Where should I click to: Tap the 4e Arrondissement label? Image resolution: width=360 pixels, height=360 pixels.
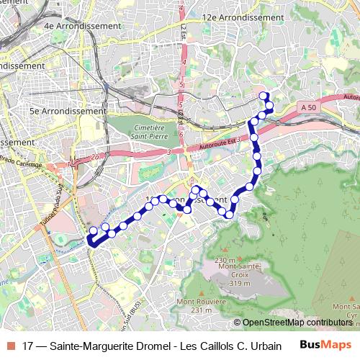click(82, 25)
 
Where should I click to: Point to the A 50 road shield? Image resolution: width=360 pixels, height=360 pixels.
click(309, 107)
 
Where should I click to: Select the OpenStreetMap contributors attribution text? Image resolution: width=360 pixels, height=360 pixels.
click(297, 323)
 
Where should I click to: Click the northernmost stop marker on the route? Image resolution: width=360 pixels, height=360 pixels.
click(264, 96)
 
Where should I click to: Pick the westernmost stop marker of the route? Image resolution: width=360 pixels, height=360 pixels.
click(92, 231)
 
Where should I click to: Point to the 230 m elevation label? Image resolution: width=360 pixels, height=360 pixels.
click(225, 260)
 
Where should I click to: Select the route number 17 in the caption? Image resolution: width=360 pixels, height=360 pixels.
click(28, 346)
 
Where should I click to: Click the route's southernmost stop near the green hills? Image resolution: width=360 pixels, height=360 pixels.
click(230, 213)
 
